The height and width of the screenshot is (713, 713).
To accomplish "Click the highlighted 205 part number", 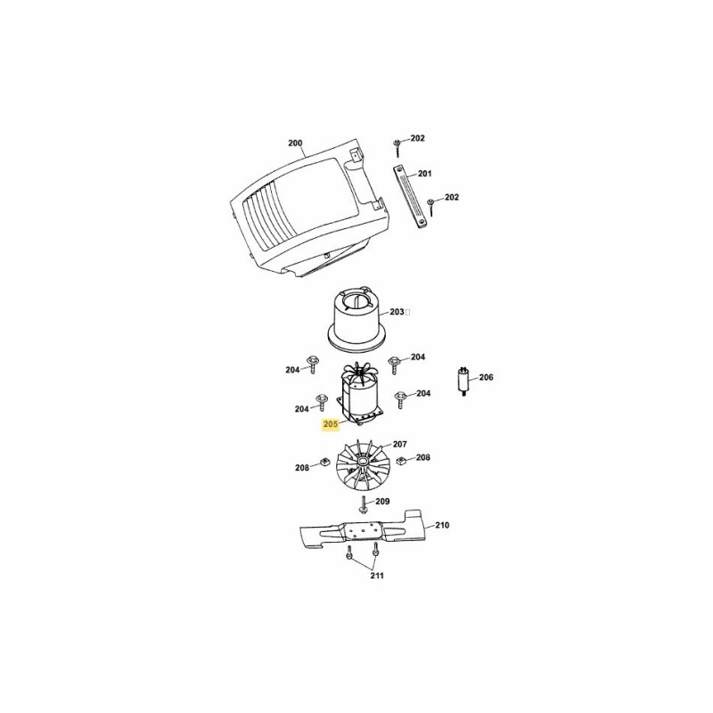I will point(331,424).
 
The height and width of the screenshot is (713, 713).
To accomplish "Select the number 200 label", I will point(295,143).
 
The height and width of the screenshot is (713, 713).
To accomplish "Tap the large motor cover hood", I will point(294,209).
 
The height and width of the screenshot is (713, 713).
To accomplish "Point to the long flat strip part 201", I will point(411,197).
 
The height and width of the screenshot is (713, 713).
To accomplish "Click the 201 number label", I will point(424,173).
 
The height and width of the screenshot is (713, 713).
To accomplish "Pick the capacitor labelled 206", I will point(464,381).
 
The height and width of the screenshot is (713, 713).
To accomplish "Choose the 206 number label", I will point(486,377).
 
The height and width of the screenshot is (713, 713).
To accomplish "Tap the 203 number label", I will point(397,312).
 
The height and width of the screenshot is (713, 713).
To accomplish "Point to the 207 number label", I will point(399,443).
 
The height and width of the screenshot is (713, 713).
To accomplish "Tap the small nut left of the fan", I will point(324,462).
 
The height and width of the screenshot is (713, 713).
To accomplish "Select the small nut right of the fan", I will point(401,460).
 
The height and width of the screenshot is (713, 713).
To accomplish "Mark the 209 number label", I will point(382,502).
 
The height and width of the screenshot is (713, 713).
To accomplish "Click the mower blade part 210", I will point(365,533).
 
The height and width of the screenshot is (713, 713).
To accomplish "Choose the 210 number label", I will point(442,525).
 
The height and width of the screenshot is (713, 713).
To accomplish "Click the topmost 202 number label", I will point(417,138).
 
